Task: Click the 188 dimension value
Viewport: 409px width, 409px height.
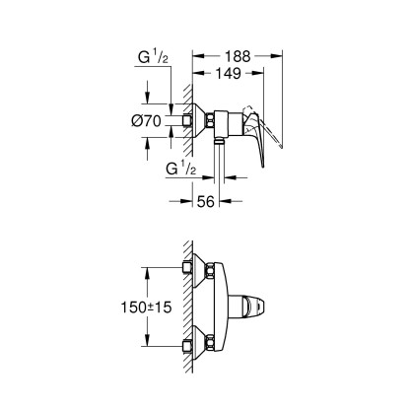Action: pyautogui.click(x=238, y=56)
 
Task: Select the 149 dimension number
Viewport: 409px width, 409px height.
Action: pyautogui.click(x=228, y=73)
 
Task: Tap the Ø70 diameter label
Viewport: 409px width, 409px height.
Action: pyautogui.click(x=147, y=121)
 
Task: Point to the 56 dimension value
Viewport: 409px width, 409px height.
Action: pyautogui.click(x=206, y=201)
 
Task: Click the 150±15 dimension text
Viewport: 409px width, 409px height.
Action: pyautogui.click(x=147, y=307)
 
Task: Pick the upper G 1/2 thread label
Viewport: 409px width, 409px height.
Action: pyautogui.click(x=153, y=57)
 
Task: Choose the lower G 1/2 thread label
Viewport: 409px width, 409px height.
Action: pyautogui.click(x=181, y=169)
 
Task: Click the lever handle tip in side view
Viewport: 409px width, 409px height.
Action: pyautogui.click(x=263, y=165)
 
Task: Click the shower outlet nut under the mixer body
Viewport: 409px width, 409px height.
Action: pyautogui.click(x=219, y=142)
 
